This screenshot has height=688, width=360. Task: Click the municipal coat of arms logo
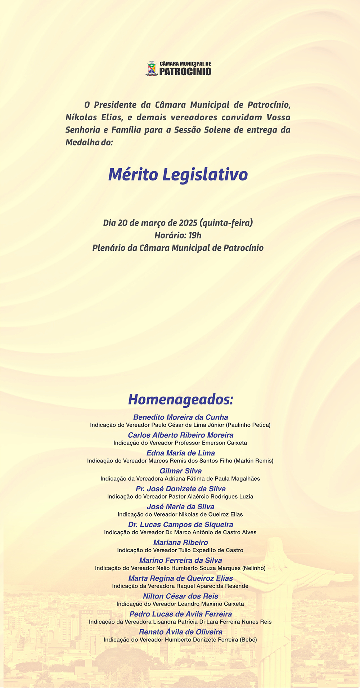pos(152,68)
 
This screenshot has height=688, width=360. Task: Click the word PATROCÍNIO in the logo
pos(185,71)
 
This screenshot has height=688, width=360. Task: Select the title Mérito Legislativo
pos(178,174)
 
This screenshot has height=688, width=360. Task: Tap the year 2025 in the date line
pos(188,223)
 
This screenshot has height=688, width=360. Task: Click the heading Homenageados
pos(181,399)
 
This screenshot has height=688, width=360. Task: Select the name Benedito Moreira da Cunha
pos(181,417)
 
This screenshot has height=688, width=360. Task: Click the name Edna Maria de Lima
pos(181,453)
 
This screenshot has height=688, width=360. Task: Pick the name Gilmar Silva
pos(181,471)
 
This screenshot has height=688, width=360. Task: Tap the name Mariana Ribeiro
pos(181,542)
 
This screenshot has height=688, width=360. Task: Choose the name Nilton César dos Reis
pos(181,596)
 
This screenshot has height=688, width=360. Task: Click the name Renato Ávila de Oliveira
pos(181,632)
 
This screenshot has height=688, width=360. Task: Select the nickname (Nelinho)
pos(254,568)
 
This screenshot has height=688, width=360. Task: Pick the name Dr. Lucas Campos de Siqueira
pos(181,524)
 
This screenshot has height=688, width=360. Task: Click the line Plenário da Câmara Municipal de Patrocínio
pos(178,248)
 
